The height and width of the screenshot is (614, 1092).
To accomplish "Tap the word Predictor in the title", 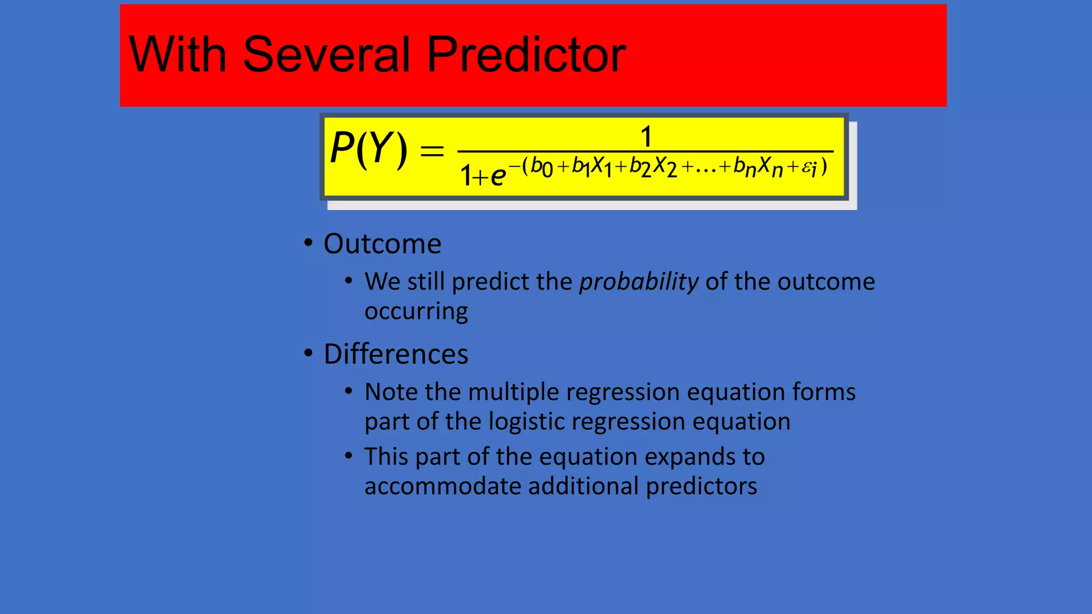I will pos(526,54).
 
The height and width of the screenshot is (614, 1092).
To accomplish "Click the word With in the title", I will pos(178,54).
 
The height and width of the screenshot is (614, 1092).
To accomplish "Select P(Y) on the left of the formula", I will pos(368,149).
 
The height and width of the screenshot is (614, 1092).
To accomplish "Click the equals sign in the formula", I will pos(432,151).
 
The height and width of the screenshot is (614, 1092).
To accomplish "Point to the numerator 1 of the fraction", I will pos(646,136).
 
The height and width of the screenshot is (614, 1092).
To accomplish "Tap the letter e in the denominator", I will pos(497,176).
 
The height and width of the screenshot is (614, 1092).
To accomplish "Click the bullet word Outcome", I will pos(382,244).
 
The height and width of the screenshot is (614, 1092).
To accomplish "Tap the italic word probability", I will pos(639,281).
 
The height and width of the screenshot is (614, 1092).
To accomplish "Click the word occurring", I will pos(416,311).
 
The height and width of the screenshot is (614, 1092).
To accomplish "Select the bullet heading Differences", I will pos(396,354).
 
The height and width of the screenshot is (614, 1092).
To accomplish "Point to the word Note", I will pos(391,392).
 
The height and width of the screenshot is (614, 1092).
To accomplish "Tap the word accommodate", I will pos(442,486).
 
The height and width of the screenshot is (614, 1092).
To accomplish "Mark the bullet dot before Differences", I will pos(308,353).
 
